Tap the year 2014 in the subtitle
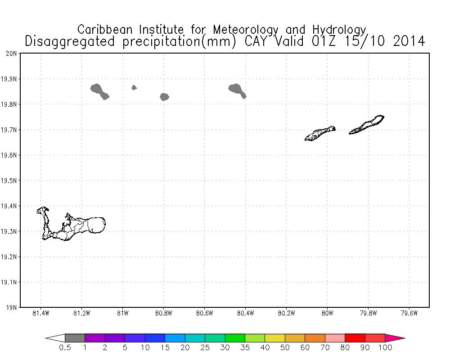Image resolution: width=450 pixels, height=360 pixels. coord(409,41)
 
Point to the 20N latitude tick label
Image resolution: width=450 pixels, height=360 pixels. coord(12,54)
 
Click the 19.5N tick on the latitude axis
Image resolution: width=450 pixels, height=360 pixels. coord(10,181)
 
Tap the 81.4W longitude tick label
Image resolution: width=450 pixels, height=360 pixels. coord(41,314)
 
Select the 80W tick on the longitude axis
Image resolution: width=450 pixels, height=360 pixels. coord(327,314)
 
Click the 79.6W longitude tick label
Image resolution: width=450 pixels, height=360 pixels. coord(409,314)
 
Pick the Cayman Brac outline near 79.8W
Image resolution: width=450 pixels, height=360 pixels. coord(366,125)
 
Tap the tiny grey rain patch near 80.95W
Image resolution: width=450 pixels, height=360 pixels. coord(134,87)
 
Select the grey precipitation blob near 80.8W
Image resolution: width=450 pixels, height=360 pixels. coord(164,97)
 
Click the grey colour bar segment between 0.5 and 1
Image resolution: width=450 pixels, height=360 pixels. coord(75,338)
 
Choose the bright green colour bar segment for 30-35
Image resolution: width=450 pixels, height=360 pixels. coord(234,338)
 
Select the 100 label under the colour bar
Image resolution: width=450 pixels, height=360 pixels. coord(385,347)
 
